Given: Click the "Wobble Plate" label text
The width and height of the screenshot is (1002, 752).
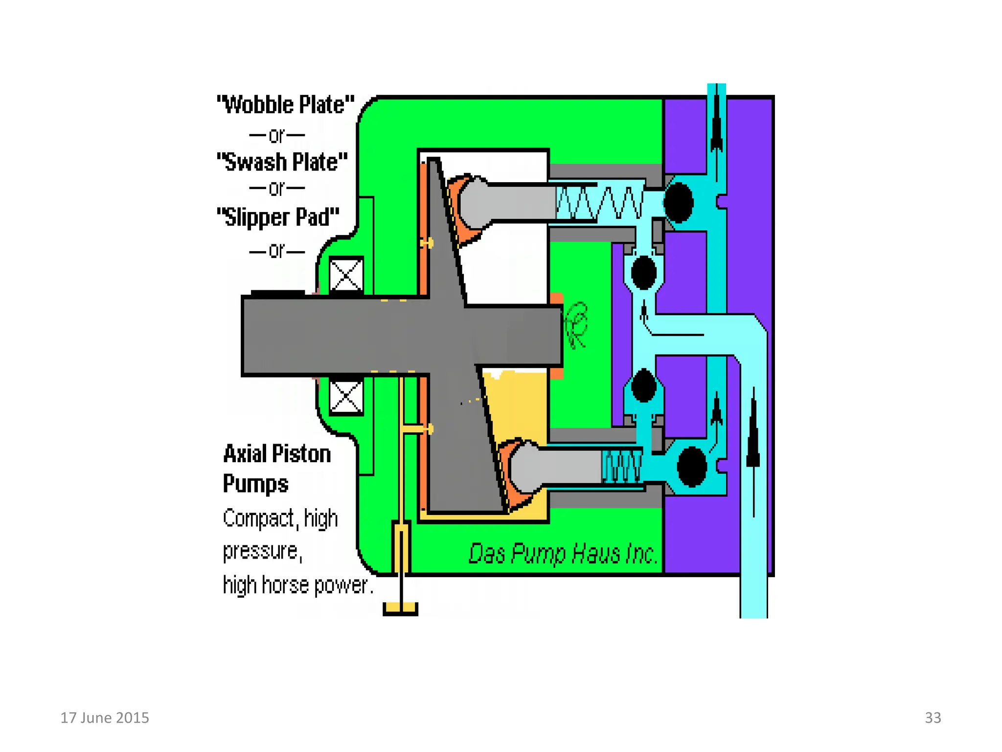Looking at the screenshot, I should coord(286,105).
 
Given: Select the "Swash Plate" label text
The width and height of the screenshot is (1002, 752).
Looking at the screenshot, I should coord(282,162).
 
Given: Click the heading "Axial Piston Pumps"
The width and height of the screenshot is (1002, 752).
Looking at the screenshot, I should coord(276,469).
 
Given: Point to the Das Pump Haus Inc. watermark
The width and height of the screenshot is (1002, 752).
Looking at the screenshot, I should coord(563,554).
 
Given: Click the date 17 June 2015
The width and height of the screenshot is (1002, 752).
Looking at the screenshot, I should coord(105,718).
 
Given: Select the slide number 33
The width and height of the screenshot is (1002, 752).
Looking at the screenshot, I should coord(933,718).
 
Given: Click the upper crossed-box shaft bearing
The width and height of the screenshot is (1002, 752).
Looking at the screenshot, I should coord(346,275).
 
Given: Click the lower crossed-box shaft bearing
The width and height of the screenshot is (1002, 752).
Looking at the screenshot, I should coord(346,397).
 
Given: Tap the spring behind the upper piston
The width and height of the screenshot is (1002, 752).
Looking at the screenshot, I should coord(600,202).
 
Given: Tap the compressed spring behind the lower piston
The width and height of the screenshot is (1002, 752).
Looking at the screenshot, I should coord(622,466).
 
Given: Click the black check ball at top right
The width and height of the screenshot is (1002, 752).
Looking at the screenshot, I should coord(679,202).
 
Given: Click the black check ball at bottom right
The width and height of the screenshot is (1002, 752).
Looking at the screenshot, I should coord(691,467).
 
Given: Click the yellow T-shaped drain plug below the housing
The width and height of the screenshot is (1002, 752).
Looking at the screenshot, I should coord(400,607).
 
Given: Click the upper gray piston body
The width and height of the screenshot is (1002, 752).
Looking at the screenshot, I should coord(509,202).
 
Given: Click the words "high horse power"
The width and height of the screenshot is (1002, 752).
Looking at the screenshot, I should coord(298,586).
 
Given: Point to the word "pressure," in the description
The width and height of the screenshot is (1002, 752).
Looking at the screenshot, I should coord(262,552).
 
